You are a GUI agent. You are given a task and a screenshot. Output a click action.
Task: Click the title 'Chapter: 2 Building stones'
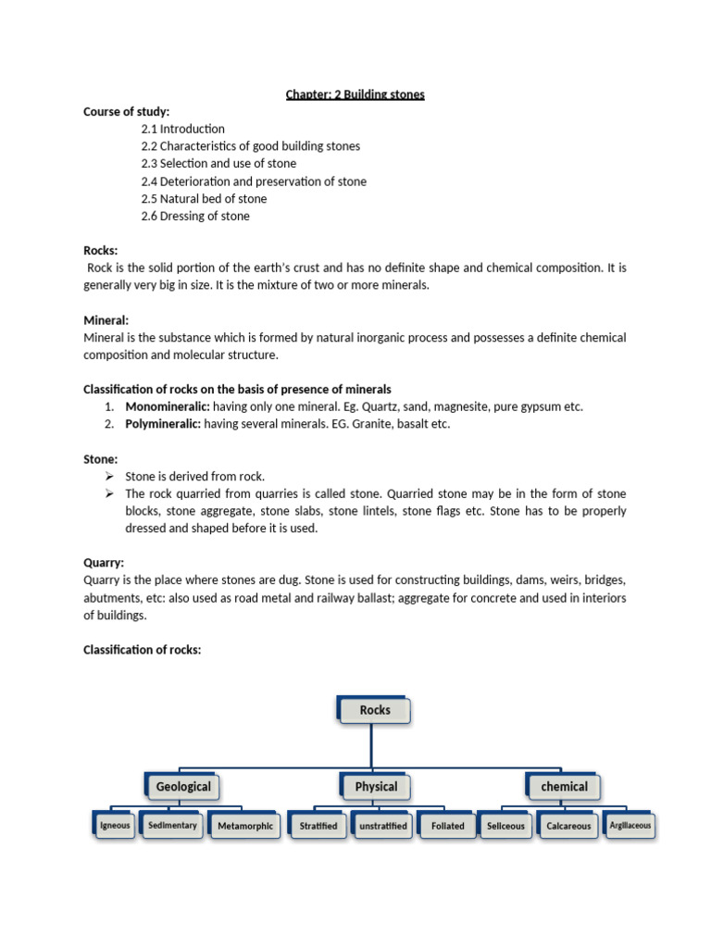click(355, 94)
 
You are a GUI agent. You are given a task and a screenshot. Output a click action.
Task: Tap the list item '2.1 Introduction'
click(182, 129)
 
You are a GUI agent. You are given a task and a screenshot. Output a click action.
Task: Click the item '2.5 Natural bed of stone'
click(204, 199)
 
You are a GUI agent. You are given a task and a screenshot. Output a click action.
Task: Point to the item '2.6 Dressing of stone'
click(195, 217)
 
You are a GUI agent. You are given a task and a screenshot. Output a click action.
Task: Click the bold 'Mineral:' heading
click(106, 320)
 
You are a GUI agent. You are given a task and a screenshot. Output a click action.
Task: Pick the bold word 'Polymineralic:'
click(163, 425)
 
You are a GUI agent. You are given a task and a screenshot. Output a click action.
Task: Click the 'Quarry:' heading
click(104, 562)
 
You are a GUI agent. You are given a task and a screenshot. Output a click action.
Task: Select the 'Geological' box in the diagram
click(183, 787)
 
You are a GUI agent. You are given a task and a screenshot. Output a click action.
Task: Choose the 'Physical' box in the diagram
click(376, 787)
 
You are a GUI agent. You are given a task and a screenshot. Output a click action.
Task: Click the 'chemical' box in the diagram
click(564, 787)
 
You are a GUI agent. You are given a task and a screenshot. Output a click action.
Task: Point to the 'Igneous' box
click(116, 825)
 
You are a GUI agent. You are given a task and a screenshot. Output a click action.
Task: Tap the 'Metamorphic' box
click(245, 826)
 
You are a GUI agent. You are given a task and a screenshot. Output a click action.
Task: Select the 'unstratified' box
click(382, 826)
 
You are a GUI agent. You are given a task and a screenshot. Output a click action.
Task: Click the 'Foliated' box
click(448, 826)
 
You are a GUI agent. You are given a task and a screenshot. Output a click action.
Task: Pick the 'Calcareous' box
click(568, 826)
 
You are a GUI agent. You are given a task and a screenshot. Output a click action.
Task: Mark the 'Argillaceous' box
click(630, 825)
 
